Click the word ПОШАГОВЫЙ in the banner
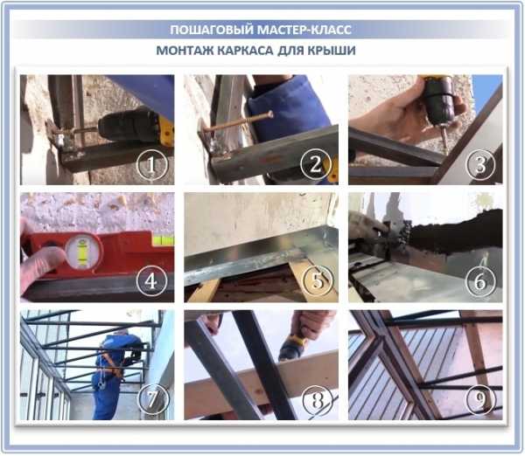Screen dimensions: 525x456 coord(212,30)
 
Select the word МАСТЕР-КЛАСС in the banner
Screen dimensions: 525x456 coord(304,30)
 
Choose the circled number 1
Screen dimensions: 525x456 coord(151,165)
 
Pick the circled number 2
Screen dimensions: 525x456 coord(315,165)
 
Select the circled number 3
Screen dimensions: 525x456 coord(480,165)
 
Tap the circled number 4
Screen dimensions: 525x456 coord(151,281)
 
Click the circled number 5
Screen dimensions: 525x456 coord(317,280)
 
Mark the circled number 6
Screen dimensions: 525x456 coord(480,281)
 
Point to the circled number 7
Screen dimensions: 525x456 coord(152,399)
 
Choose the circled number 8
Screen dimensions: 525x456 coord(317,399)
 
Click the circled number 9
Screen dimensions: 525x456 coord(480,399)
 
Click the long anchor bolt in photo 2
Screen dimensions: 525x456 coord(237,121)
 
